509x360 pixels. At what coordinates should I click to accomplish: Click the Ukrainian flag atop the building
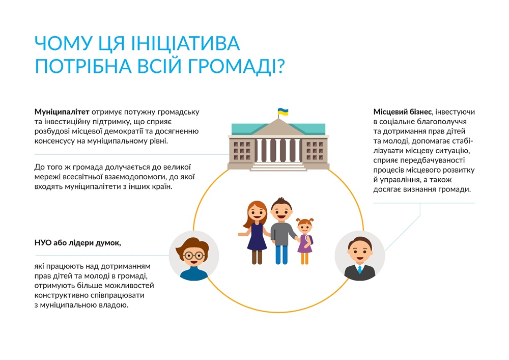click(283, 112)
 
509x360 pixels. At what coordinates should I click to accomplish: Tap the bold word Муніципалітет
click(62, 112)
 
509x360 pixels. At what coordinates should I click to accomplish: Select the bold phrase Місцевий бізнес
click(402, 112)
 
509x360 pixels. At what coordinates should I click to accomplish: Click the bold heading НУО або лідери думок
click(77, 243)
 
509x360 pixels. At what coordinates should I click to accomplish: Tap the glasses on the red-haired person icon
click(194, 256)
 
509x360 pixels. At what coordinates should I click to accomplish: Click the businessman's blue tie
click(360, 269)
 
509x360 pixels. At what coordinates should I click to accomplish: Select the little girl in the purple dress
click(305, 240)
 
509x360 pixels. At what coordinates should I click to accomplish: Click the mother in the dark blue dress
click(255, 232)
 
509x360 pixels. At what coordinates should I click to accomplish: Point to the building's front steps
click(278, 166)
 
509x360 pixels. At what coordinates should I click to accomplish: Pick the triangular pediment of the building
click(278, 127)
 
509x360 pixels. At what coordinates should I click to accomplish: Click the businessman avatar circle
click(360, 256)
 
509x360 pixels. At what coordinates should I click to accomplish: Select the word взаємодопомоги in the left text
click(133, 177)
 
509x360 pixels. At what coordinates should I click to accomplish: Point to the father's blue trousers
click(281, 255)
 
